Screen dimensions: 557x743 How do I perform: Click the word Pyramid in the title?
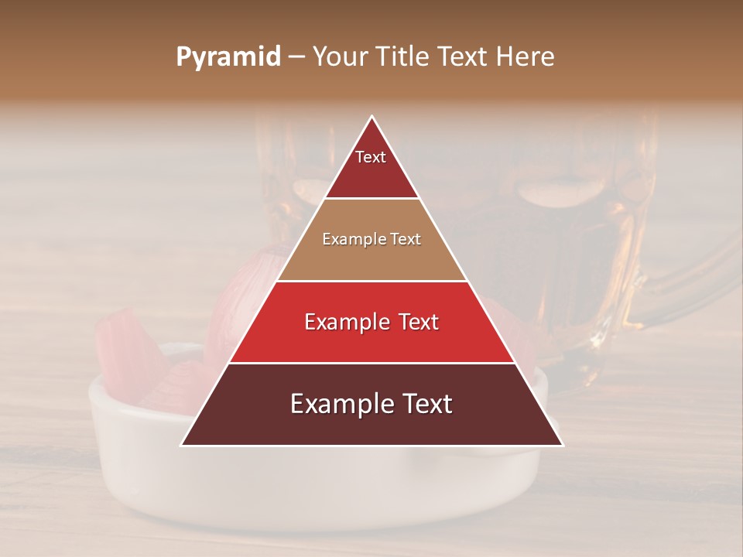[228, 57]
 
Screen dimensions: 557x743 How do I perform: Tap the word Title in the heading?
[405, 57]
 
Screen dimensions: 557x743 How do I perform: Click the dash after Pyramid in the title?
[296, 57]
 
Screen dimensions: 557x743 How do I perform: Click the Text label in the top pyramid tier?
[371, 157]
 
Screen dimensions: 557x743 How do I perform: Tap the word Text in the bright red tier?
[414, 322]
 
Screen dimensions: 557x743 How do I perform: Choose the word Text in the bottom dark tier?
[426, 404]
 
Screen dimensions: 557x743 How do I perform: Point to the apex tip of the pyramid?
[372, 117]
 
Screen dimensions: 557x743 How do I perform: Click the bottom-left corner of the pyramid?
[182, 445]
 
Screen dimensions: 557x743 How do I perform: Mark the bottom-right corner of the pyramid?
[562, 445]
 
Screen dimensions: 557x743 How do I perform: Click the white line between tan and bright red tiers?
[371, 281]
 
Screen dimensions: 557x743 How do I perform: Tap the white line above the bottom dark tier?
[371, 363]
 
